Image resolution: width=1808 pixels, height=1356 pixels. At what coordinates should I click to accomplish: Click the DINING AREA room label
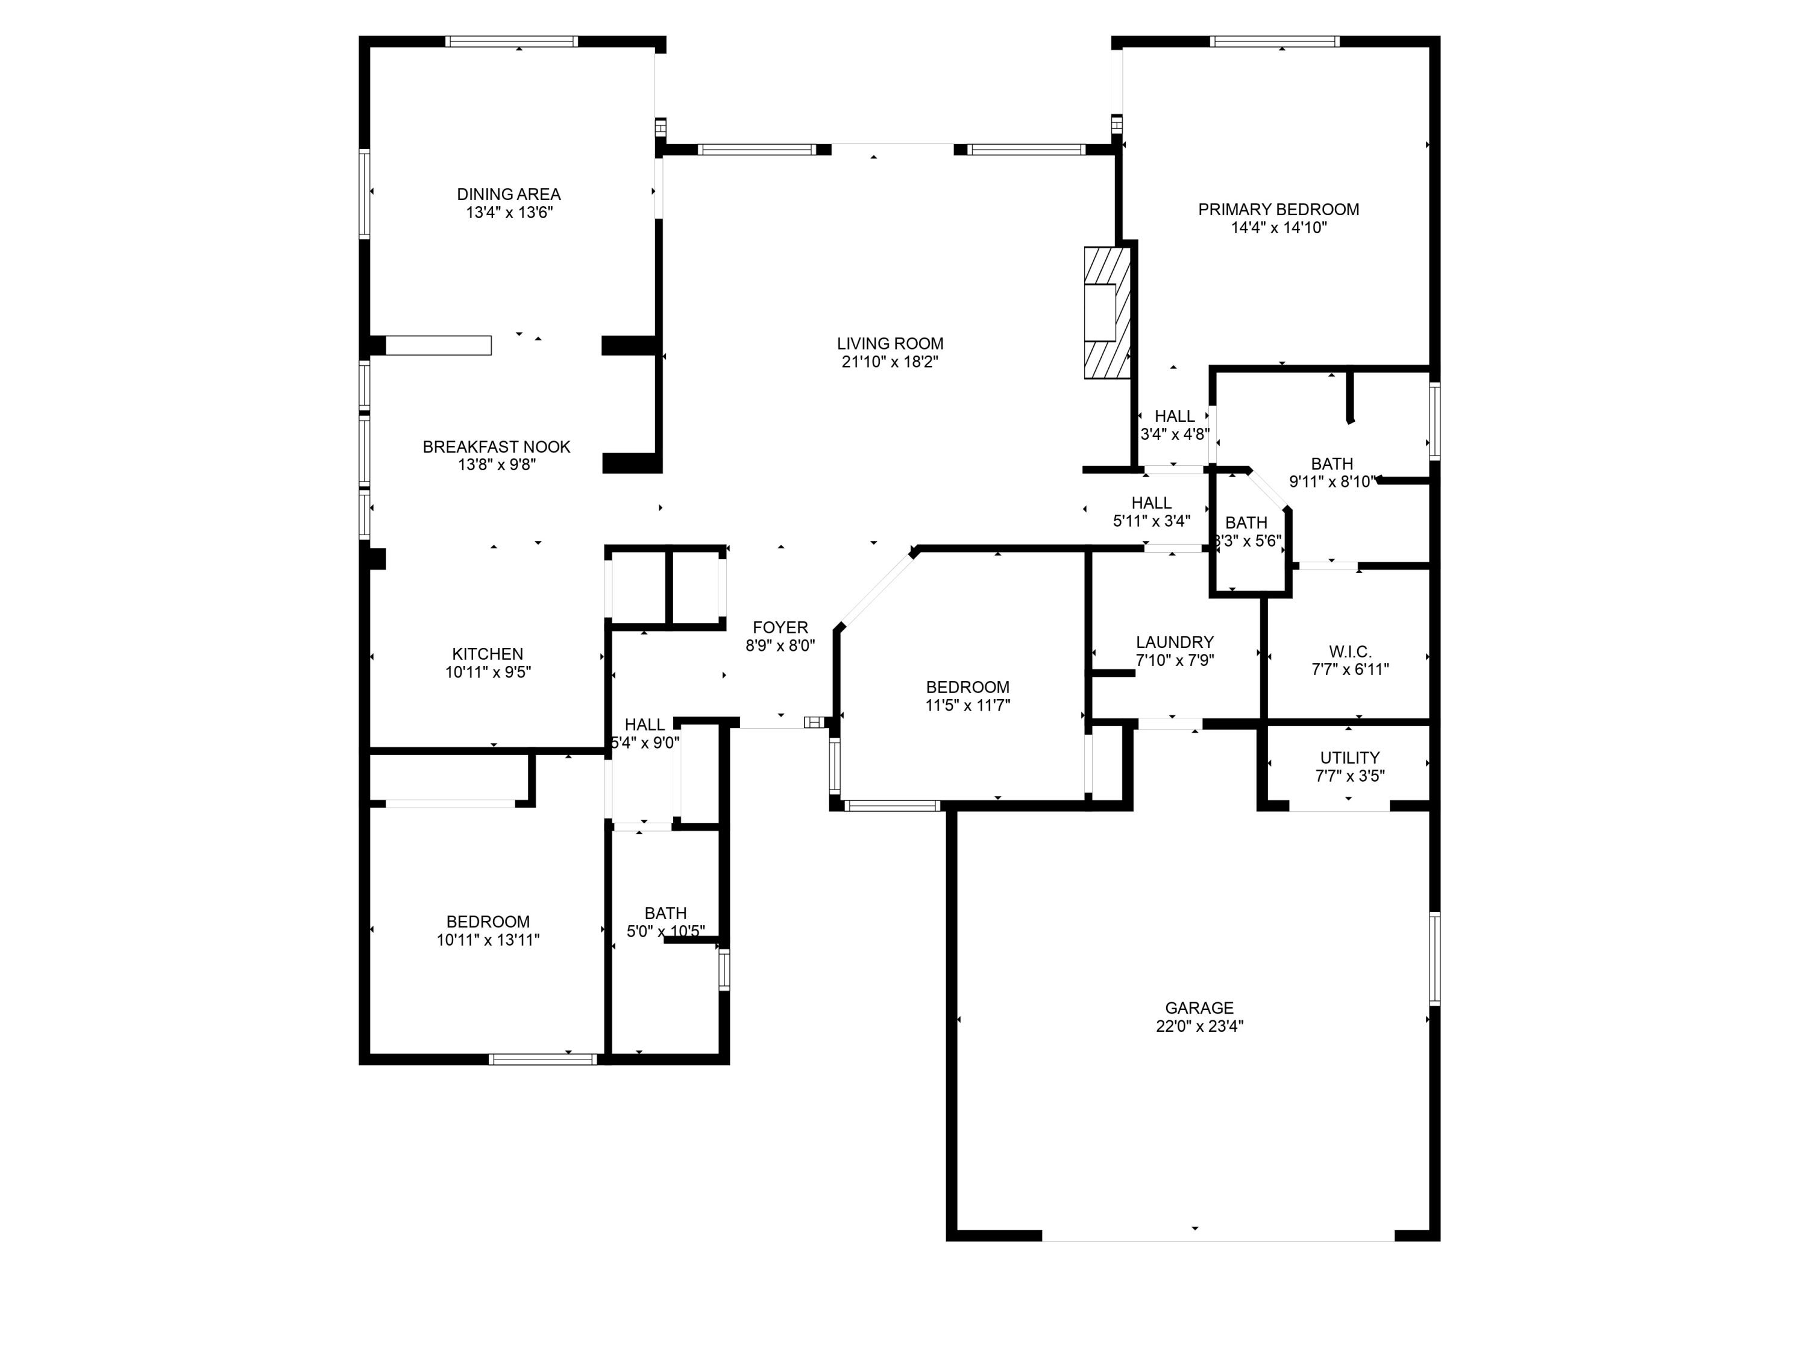click(x=509, y=195)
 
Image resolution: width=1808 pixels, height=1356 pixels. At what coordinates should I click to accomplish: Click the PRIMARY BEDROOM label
click(x=1278, y=209)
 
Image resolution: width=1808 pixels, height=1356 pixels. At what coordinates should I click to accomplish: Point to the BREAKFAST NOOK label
click(x=496, y=447)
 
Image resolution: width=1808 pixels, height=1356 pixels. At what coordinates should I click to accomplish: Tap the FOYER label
click(x=780, y=628)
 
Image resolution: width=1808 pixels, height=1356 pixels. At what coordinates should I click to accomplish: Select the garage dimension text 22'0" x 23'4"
click(x=1199, y=1026)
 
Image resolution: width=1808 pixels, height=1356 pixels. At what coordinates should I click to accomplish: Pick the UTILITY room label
click(x=1349, y=758)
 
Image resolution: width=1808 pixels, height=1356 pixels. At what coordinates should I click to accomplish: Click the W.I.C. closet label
click(x=1349, y=651)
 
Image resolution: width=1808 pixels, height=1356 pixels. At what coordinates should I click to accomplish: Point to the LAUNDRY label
click(x=1175, y=642)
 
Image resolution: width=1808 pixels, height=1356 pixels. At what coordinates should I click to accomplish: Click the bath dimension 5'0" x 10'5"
click(x=665, y=931)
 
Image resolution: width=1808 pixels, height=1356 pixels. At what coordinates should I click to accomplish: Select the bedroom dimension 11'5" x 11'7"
click(x=968, y=705)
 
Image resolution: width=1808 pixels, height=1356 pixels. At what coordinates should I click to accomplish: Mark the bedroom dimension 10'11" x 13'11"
click(x=488, y=940)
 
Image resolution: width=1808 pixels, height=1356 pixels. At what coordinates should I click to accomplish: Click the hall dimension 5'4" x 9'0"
click(x=645, y=743)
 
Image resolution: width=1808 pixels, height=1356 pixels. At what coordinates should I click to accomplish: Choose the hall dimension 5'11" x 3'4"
click(x=1151, y=521)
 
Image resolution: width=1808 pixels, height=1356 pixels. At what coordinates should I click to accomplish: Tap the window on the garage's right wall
click(x=1434, y=958)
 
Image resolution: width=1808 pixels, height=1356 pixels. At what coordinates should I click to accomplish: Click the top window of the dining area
click(x=512, y=41)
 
